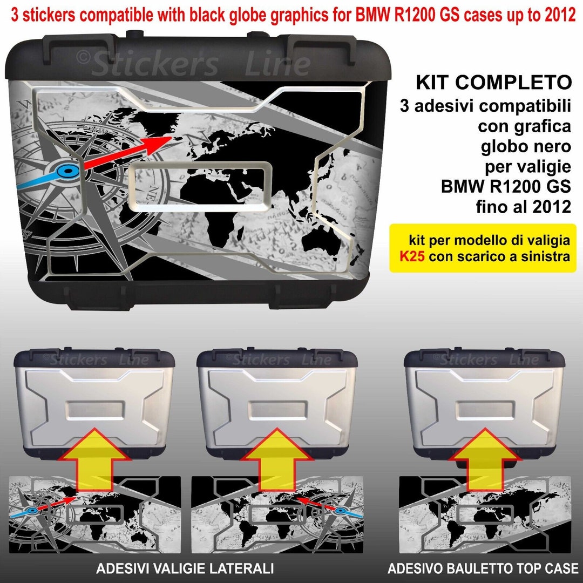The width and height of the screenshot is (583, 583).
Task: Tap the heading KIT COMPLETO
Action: coord(493,83)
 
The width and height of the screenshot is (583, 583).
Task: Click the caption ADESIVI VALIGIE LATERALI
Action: coord(185,568)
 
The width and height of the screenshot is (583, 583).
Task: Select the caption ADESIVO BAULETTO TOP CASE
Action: coord(483,568)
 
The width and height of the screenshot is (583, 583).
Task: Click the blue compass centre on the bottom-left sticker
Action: coord(32,510)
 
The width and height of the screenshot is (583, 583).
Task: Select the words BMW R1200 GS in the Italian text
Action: coord(505,187)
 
